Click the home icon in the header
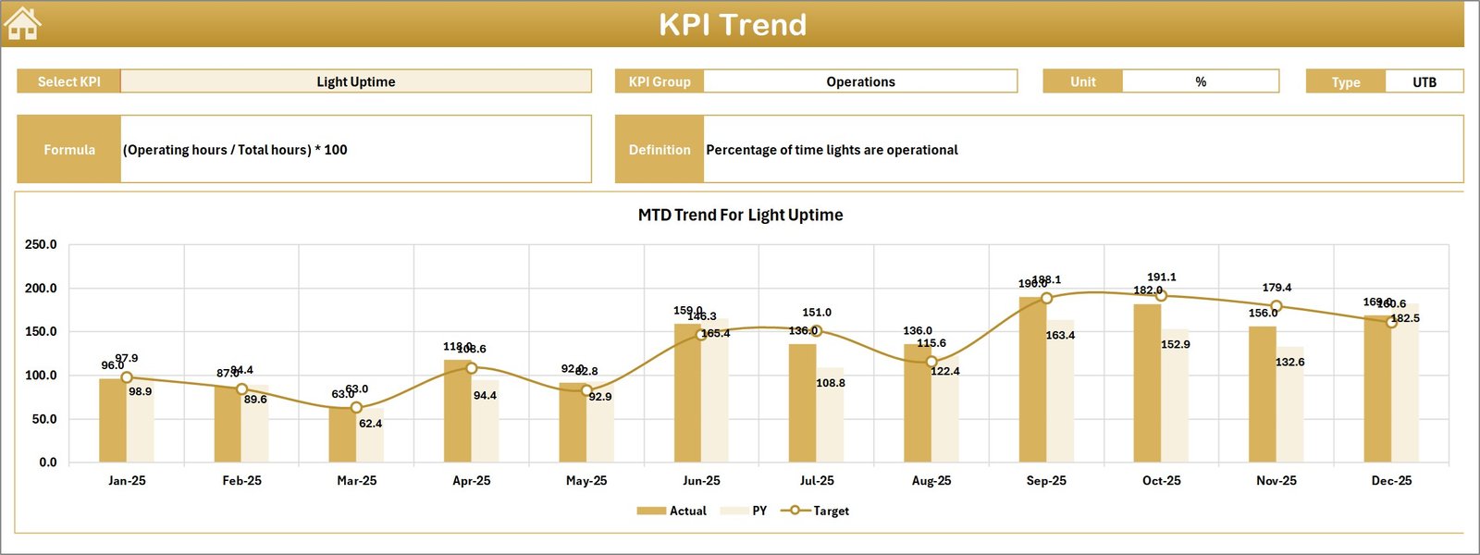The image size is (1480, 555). point(23,24)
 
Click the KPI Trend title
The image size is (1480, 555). point(733,25)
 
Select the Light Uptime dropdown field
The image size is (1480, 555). point(356,81)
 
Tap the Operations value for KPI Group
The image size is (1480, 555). point(860,81)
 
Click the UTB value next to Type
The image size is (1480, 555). point(1424,82)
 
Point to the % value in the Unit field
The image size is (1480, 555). point(1201,81)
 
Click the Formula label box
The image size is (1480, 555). point(69,149)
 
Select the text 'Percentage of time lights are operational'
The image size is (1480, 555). point(832,150)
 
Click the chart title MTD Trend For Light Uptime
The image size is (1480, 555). point(740,215)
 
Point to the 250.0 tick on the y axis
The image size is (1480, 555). point(41,245)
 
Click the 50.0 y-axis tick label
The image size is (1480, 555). point(44,419)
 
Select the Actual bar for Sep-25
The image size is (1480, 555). point(1032,379)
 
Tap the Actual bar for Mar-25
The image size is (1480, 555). point(342,435)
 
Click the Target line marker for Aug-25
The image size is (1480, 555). point(931,362)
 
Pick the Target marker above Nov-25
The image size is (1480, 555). point(1276,306)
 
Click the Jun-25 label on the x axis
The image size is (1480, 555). point(701,481)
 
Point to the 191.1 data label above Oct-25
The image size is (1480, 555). point(1162,277)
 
